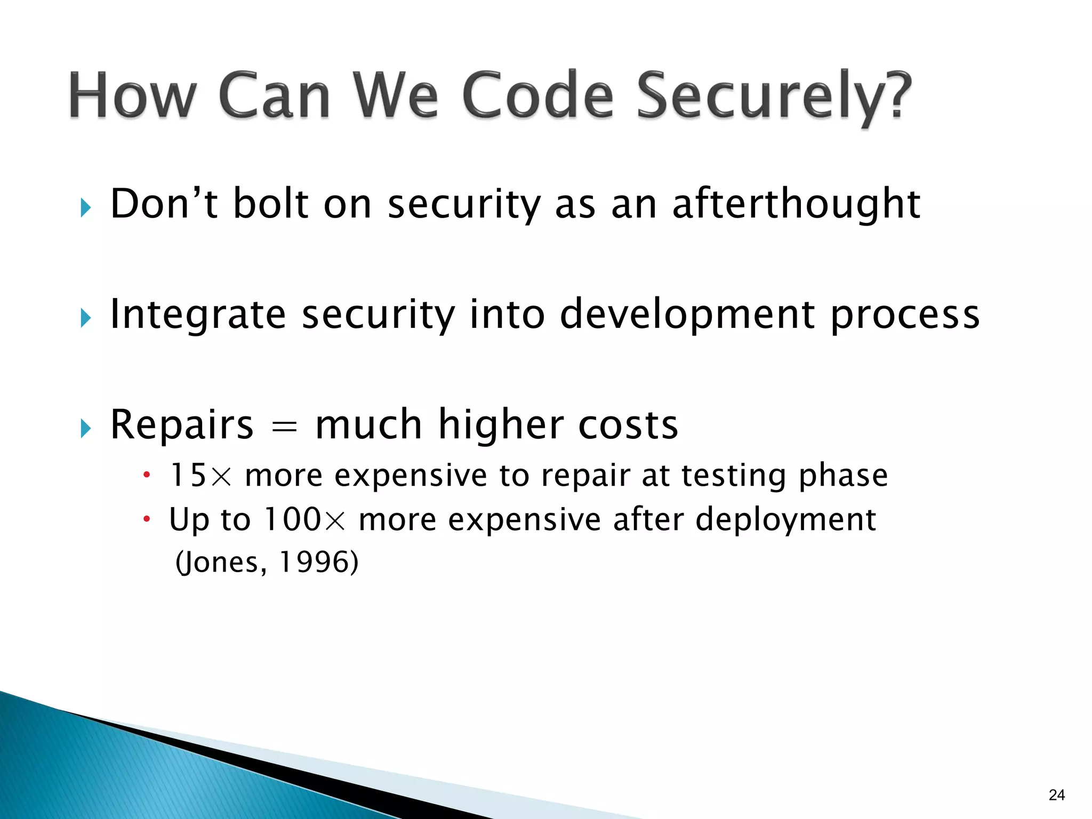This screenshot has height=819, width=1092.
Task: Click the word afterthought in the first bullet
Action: (x=796, y=204)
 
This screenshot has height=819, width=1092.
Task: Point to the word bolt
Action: (x=271, y=204)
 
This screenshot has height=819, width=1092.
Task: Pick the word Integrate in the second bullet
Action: (x=198, y=315)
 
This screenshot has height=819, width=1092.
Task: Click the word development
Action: (x=687, y=315)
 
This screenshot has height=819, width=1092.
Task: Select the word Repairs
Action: (x=182, y=425)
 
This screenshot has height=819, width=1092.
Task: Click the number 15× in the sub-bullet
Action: (x=200, y=475)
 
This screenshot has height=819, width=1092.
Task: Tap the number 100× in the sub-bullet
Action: (x=304, y=519)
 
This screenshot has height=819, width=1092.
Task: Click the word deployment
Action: (x=785, y=520)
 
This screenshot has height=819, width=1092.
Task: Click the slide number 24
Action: (x=1056, y=795)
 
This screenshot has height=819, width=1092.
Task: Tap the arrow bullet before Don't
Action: (x=86, y=207)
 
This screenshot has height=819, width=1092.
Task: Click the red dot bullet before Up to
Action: (x=147, y=519)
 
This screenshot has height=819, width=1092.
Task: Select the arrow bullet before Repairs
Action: (x=86, y=428)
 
